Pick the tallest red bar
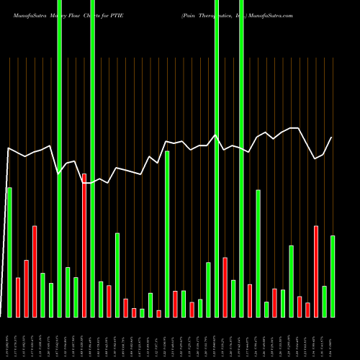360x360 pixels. [84, 245]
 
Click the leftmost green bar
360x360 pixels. [9, 252]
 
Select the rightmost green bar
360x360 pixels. [333, 276]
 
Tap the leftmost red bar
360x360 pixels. [18, 297]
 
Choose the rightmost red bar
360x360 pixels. [316, 271]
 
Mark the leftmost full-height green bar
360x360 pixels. [59, 158]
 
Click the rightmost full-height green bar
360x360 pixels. [241, 158]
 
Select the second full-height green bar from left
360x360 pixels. [93, 158]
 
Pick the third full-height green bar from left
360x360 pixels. [217, 158]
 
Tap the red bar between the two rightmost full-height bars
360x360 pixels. [225, 287]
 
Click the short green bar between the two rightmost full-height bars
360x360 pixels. [233, 298]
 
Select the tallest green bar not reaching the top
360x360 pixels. [167, 234]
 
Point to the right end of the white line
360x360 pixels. [332, 138]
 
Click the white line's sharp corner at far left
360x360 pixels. [9, 148]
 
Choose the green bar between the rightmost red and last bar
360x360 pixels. [325, 301]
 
